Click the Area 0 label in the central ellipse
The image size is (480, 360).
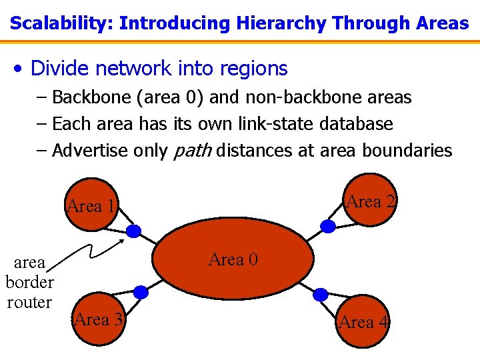click(233, 259)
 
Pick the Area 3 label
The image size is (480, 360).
click(99, 319)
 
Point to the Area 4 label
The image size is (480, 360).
click(363, 323)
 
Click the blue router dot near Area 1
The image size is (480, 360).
click(134, 231)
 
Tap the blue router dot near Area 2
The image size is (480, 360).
click(328, 226)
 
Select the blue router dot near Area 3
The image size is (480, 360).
click(141, 292)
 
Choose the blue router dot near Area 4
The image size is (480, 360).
click(321, 294)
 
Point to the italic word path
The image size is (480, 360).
click(192, 151)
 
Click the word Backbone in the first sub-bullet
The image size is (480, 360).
click(91, 97)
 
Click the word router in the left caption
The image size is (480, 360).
click(29, 302)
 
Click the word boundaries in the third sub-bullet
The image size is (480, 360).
click(407, 151)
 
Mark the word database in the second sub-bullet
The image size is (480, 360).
click(357, 124)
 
